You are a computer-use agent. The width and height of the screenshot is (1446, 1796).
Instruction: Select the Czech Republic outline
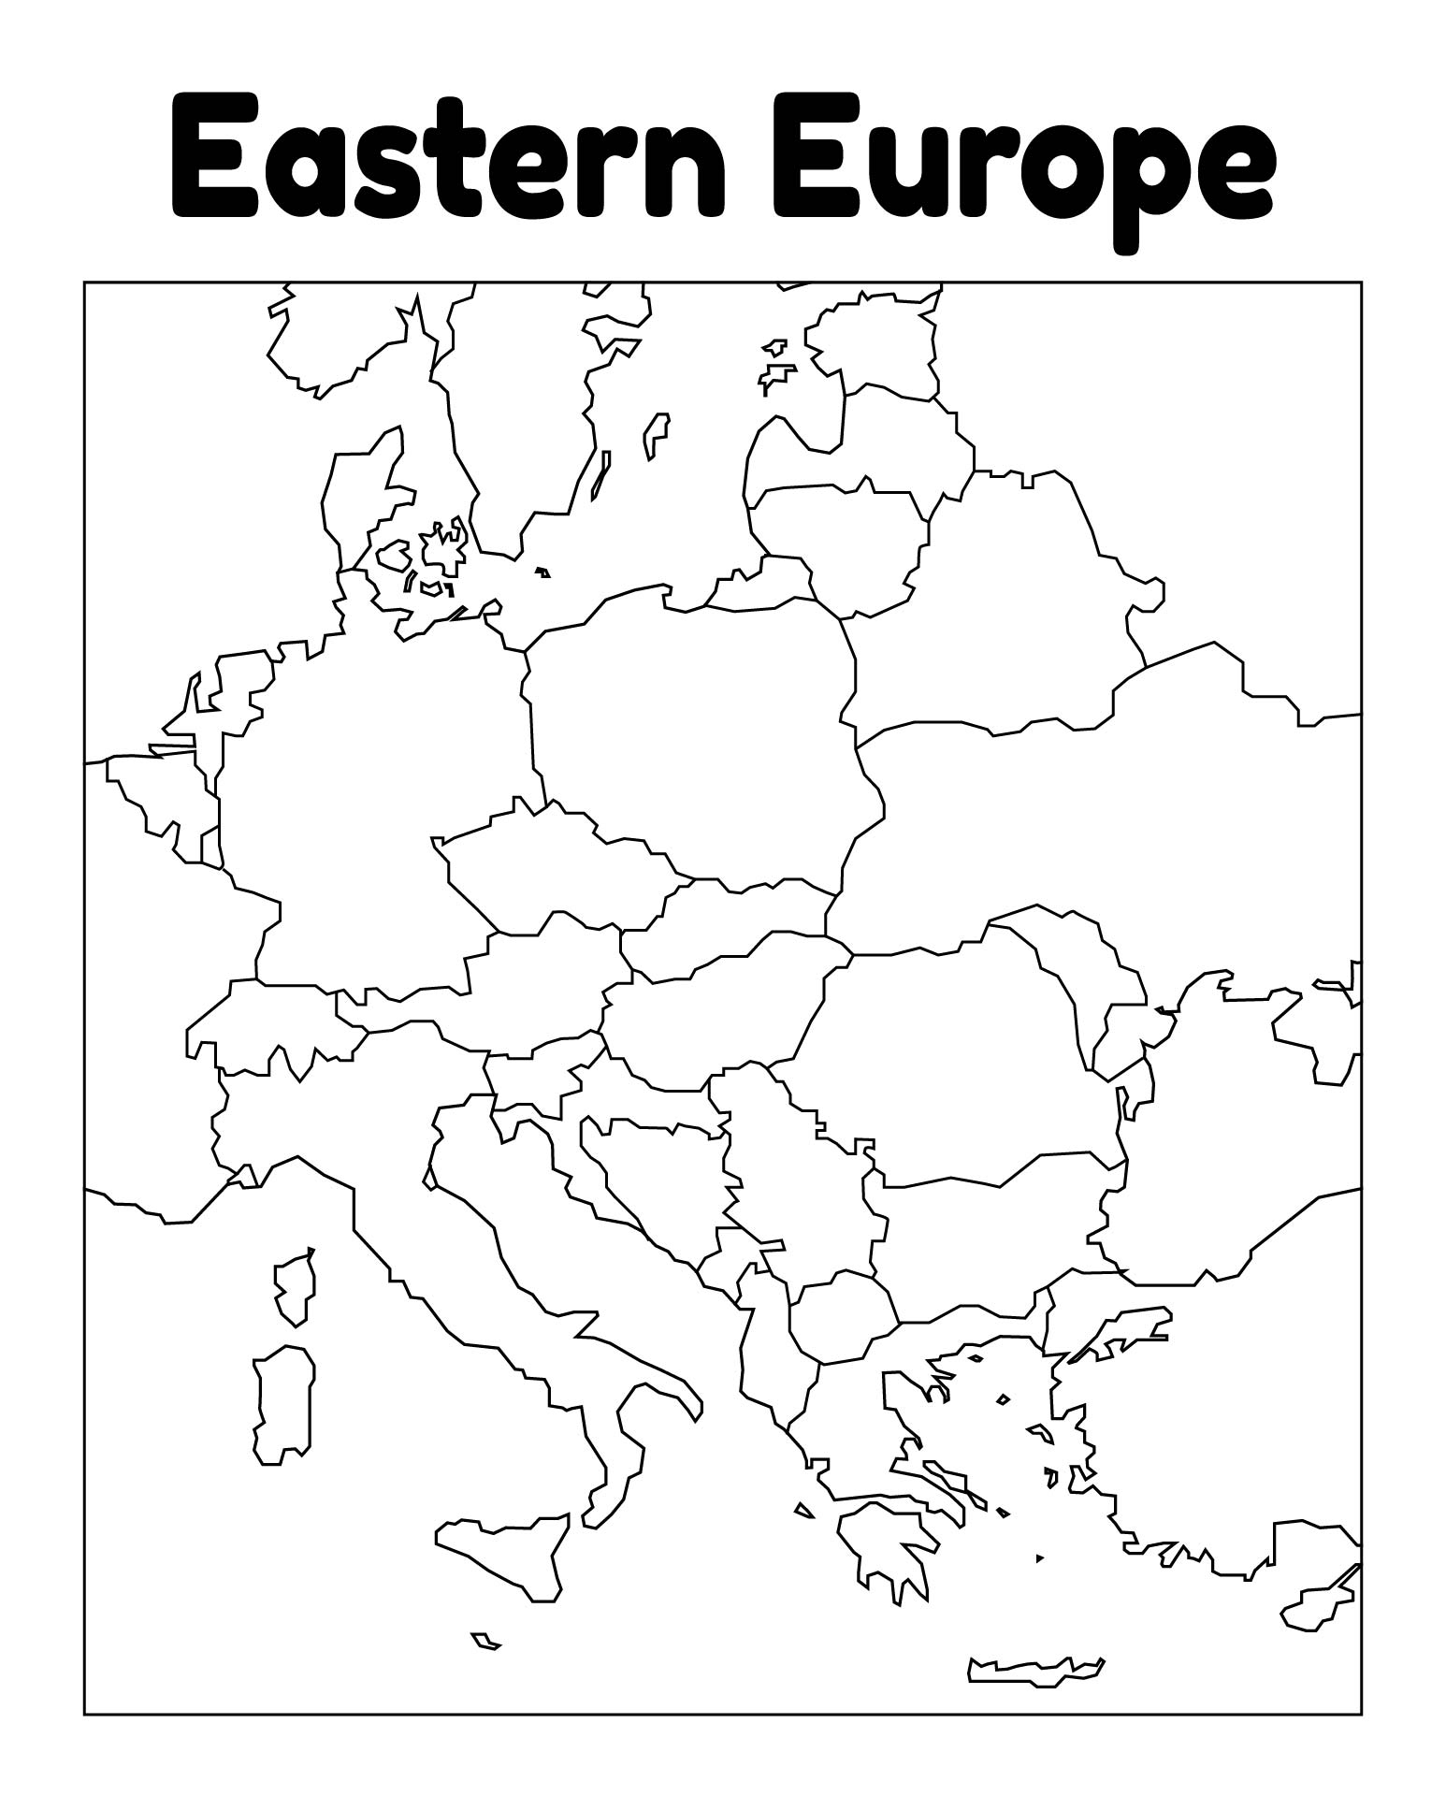click(552, 870)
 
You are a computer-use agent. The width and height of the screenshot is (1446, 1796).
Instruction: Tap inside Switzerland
click(271, 1024)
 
